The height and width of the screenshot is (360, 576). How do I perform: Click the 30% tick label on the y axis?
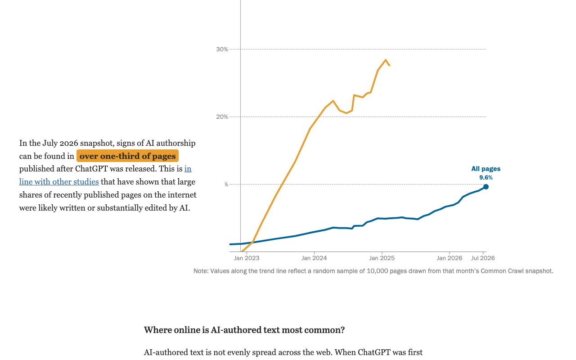pyautogui.click(x=222, y=49)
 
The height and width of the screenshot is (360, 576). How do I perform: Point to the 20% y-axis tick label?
pyautogui.click(x=222, y=117)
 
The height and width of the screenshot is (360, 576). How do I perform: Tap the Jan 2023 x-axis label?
pyautogui.click(x=246, y=258)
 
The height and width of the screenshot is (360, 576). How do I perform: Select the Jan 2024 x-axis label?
pyautogui.click(x=314, y=258)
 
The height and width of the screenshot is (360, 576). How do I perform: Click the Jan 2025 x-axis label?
pyautogui.click(x=382, y=258)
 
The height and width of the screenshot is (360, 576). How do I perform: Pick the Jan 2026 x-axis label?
pyautogui.click(x=449, y=258)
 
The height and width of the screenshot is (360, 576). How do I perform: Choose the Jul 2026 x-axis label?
pyautogui.click(x=483, y=258)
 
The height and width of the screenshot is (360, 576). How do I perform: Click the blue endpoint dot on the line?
pyautogui.click(x=486, y=187)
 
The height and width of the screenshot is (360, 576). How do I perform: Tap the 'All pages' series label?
pyautogui.click(x=486, y=169)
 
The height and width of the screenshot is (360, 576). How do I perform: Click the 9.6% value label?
pyautogui.click(x=486, y=177)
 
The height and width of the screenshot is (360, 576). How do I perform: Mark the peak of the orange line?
pyautogui.click(x=386, y=60)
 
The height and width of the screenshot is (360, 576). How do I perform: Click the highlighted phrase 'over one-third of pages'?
pyautogui.click(x=127, y=156)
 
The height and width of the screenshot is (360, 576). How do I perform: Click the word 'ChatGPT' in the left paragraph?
pyautogui.click(x=90, y=169)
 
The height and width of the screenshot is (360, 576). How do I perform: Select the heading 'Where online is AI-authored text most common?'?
pyautogui.click(x=244, y=330)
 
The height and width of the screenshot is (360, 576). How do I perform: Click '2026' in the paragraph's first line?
pyautogui.click(x=69, y=143)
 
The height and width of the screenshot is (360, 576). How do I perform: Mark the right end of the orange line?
pyautogui.click(x=389, y=65)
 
